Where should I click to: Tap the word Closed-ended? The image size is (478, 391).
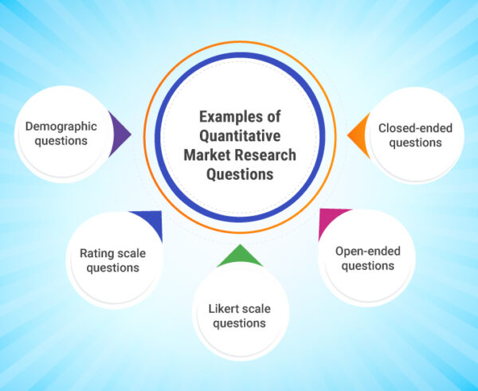click(x=409, y=127)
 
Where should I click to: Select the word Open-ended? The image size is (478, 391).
click(x=367, y=252)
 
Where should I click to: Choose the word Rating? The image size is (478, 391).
click(x=96, y=254)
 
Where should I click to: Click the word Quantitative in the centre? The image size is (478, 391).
click(x=239, y=136)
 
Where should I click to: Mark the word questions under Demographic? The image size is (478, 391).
click(x=61, y=142)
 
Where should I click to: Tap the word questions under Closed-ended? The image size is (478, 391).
click(x=409, y=143)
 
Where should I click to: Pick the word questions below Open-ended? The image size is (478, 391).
click(x=367, y=266)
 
